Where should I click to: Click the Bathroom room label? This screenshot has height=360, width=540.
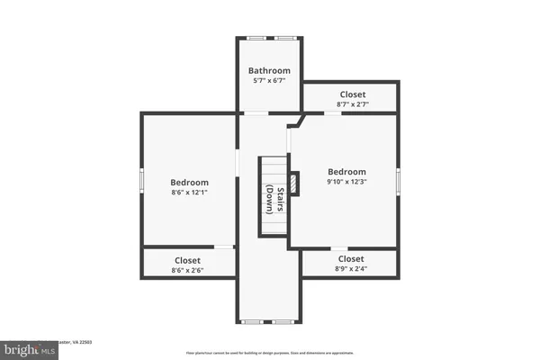click(x=270, y=70)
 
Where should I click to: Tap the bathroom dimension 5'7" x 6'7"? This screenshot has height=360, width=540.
click(x=270, y=82)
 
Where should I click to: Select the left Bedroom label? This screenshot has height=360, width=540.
click(x=190, y=182)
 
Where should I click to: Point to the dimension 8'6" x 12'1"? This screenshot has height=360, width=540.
click(x=190, y=193)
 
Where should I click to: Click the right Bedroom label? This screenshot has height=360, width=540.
click(x=346, y=172)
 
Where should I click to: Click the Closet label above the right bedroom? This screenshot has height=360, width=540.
click(x=352, y=94)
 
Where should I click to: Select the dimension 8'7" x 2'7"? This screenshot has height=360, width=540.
click(x=352, y=105)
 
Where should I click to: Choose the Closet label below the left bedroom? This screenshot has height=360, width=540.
click(x=188, y=260)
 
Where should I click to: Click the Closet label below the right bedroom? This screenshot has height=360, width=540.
click(x=351, y=258)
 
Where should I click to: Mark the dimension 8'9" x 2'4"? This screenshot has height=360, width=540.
click(x=351, y=269)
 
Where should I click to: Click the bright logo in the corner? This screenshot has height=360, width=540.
click(x=27, y=347)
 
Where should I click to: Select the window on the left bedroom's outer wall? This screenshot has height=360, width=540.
click(x=140, y=180)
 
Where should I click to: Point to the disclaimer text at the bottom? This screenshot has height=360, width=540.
click(x=269, y=352)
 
